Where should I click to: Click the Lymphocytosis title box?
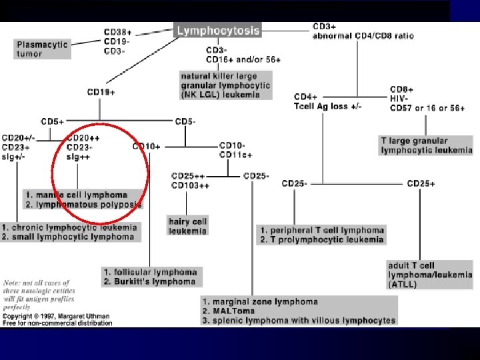coord(218,30)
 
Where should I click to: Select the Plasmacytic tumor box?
coord(43,49)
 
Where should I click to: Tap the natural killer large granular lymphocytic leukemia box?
coord(226,85)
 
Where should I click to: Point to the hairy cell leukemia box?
coord(187,226)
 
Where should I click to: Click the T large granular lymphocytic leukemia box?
coord(425,145)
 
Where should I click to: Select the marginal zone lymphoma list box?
coord(299,311)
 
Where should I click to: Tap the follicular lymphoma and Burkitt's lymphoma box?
coord(150,277)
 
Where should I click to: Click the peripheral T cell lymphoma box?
coord(322,235)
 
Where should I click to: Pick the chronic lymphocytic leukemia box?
coord(69,232)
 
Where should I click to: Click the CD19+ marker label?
coord(101,92)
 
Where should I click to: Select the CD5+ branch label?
coord(53,122)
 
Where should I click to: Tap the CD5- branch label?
coord(185,122)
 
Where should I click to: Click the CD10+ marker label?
coord(146,146)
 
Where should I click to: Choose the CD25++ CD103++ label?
coord(190,181)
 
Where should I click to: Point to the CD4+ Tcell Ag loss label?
coord(327,101)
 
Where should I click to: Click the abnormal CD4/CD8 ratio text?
coord(363,35)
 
